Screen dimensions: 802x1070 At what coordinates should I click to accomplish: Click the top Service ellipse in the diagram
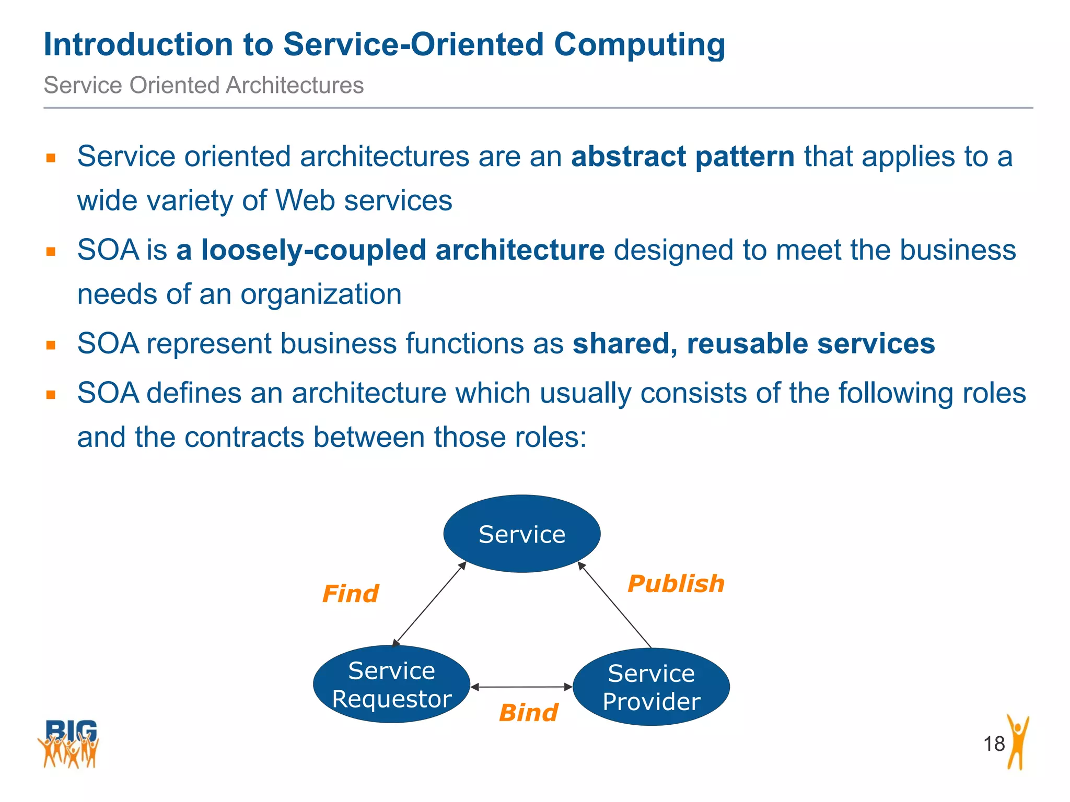click(521, 534)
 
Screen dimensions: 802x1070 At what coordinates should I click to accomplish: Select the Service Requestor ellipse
click(391, 685)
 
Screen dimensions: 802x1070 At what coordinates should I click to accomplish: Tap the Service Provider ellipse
click(651, 687)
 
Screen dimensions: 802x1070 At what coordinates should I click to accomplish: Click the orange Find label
click(351, 594)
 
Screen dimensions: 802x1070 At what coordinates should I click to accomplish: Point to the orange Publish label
click(676, 584)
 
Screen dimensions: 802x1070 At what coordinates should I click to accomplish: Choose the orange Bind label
click(528, 713)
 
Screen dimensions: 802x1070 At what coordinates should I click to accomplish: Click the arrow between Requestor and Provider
click(521, 687)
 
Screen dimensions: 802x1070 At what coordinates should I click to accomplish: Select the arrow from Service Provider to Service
click(615, 605)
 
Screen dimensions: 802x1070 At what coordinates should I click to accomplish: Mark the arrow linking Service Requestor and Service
click(429, 604)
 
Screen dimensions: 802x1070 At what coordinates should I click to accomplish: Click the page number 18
click(994, 744)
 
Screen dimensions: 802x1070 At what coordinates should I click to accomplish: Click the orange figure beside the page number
click(1017, 742)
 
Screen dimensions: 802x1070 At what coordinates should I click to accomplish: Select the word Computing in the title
click(639, 45)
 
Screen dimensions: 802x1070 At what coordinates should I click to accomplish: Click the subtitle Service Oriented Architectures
click(203, 85)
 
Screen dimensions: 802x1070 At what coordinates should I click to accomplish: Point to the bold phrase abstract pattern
click(683, 157)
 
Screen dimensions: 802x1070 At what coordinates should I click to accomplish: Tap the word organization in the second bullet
click(321, 294)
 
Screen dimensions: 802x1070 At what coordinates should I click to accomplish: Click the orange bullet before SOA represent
click(51, 345)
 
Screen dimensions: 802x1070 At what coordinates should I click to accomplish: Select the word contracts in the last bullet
click(244, 438)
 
